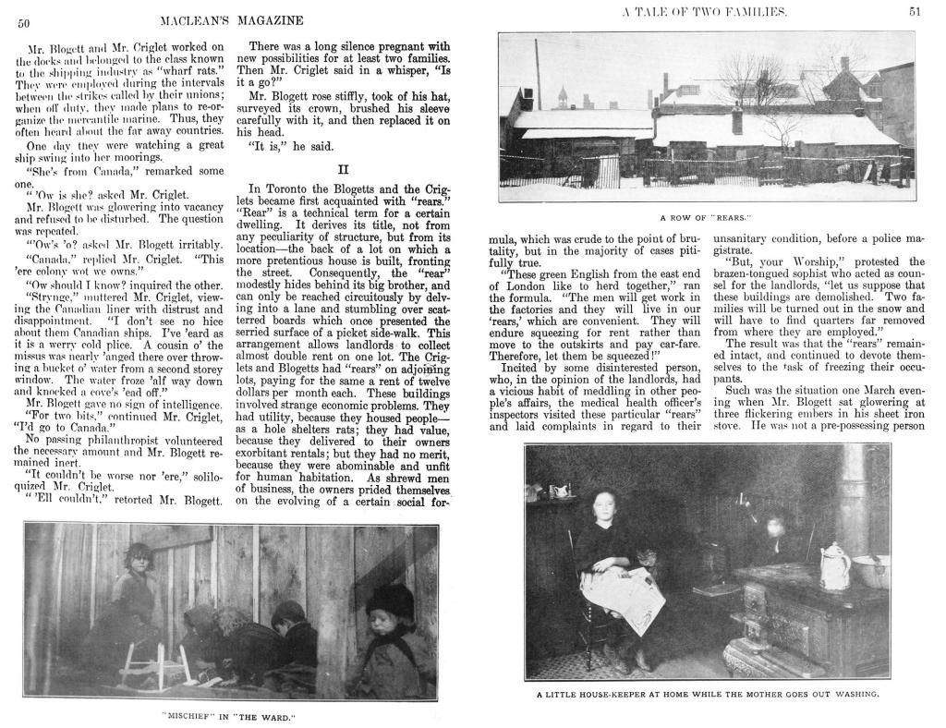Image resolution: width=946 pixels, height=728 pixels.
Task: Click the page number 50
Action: pyautogui.click(x=26, y=24)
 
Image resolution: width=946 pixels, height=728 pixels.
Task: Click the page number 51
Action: pyautogui.click(x=915, y=11)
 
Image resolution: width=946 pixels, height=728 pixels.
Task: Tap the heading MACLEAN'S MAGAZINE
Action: pyautogui.click(x=231, y=20)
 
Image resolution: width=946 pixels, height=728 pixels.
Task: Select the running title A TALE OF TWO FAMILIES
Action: pyautogui.click(x=705, y=11)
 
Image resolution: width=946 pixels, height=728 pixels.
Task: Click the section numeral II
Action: pyautogui.click(x=344, y=169)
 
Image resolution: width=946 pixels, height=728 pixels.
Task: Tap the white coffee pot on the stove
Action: pyautogui.click(x=834, y=565)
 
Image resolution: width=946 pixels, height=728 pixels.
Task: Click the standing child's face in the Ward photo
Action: pyautogui.click(x=139, y=562)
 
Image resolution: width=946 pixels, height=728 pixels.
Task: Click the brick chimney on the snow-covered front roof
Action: pyautogui.click(x=736, y=121)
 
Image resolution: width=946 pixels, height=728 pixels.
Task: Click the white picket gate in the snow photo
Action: pyautogui.click(x=608, y=171)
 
